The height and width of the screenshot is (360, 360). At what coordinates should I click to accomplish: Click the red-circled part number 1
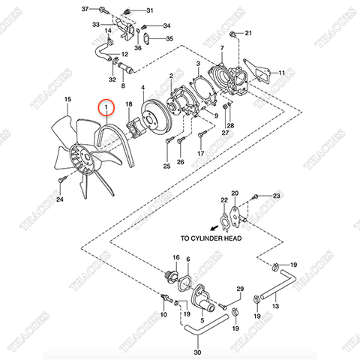coord(108,108)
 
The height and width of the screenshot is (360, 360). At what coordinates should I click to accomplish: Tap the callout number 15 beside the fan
coord(67,99)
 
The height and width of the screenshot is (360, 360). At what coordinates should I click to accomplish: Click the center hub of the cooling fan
coord(84,158)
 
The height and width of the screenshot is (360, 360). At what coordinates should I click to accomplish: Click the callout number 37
coord(84,8)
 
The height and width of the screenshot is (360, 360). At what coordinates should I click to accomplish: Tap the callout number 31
coord(148,10)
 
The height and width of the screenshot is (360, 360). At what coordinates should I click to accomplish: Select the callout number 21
coord(250,34)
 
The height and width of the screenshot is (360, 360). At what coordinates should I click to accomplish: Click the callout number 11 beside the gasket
coord(282,73)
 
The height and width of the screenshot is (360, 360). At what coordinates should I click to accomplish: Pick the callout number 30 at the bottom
coord(198,352)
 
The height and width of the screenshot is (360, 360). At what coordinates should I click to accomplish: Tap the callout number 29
coord(240,289)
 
